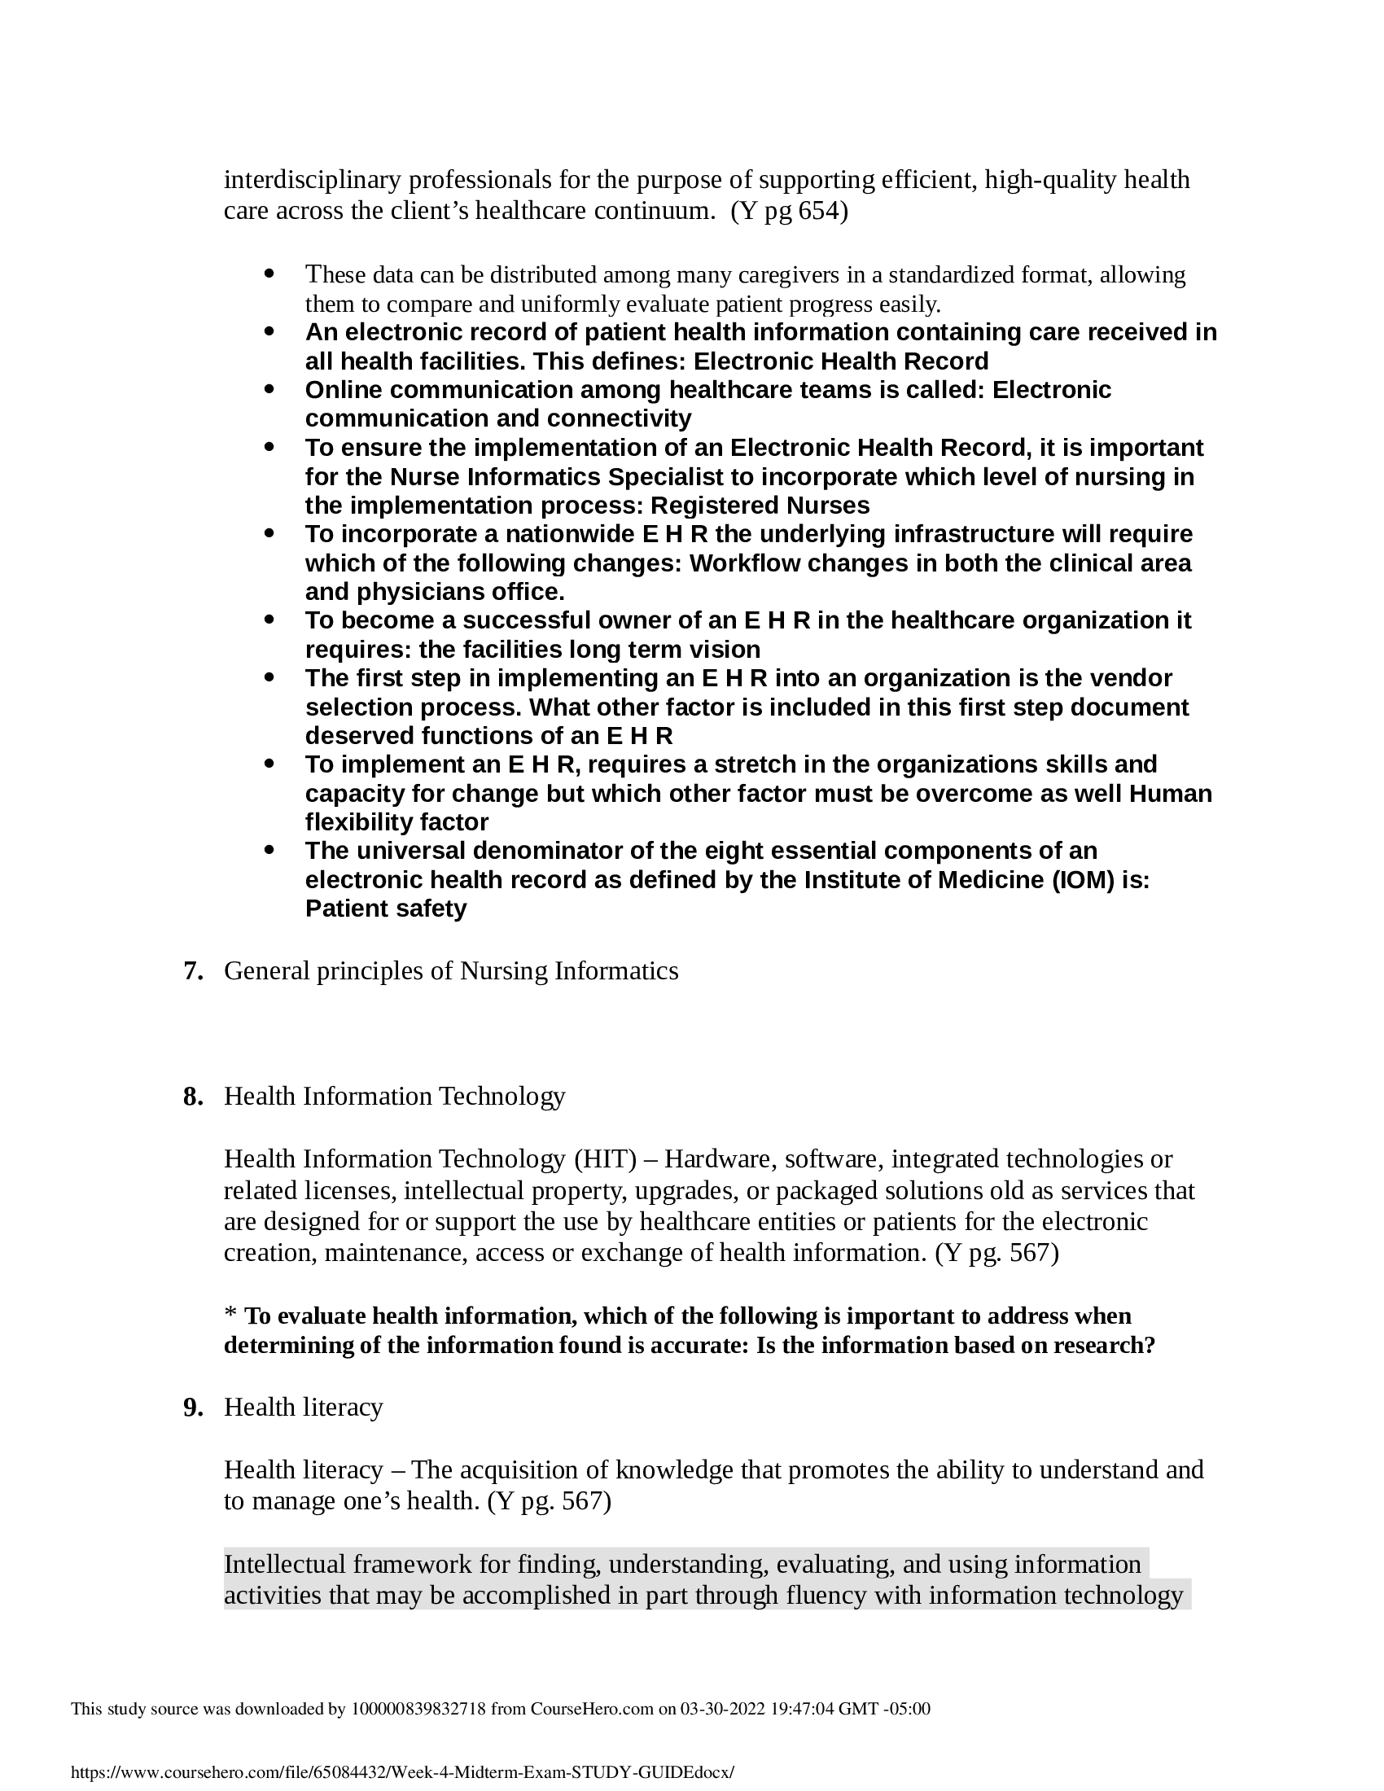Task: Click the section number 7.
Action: [193, 971]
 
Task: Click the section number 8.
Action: [193, 1097]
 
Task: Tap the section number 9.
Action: [193, 1408]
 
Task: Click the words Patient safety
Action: [385, 909]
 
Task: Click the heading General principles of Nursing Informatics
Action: [451, 971]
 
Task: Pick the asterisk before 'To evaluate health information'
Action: [230, 1316]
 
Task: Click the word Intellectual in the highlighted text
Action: [283, 1564]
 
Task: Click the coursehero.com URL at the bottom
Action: [402, 1772]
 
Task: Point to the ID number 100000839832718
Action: [418, 1708]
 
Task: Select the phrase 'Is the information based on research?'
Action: [955, 1346]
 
